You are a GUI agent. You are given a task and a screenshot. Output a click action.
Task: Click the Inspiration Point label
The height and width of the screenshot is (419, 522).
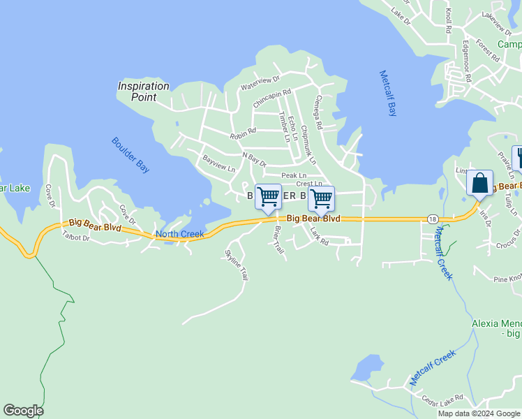coord(143,91)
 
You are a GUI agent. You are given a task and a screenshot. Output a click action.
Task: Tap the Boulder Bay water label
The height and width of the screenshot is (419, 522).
coord(130,155)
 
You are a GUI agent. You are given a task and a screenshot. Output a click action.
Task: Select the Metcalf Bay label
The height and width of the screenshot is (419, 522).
coord(391,93)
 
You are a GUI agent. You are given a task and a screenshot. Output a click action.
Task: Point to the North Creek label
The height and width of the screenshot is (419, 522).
coord(179,234)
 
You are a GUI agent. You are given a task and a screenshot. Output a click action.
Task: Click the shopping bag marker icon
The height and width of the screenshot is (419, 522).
coord(479,184)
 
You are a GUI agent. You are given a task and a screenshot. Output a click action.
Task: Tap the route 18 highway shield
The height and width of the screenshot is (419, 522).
coord(433,219)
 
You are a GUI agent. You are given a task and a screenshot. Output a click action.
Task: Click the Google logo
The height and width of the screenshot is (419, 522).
coord(23,411)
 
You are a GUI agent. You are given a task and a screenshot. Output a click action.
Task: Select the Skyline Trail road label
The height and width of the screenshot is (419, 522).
coord(236,265)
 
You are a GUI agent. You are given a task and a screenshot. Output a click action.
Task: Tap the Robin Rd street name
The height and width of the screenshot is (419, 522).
coord(243,131)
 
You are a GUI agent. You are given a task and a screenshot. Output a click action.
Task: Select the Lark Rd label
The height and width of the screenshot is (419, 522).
coord(319,237)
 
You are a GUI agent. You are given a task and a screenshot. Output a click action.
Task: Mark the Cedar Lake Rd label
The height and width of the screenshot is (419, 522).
coord(442,399)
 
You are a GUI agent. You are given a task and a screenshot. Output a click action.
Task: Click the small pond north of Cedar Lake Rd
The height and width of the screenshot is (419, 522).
coord(367,367)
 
